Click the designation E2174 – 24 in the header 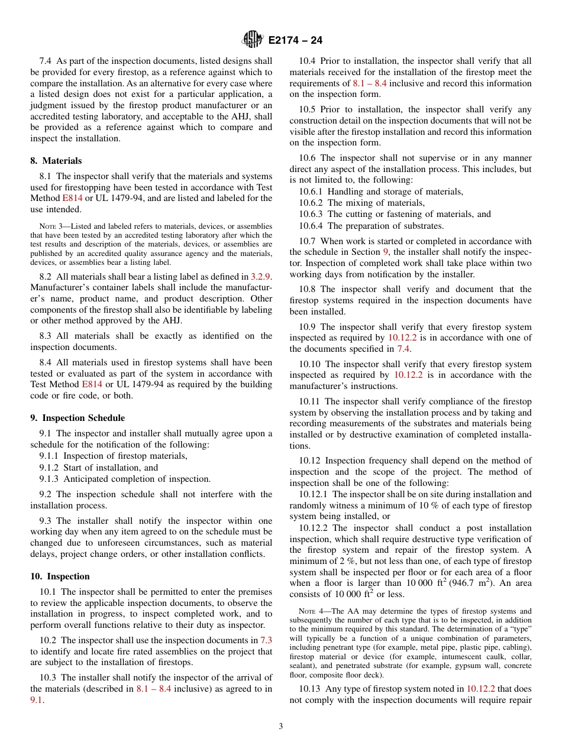295,41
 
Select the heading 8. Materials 56,161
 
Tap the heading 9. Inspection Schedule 77,418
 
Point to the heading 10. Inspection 60,576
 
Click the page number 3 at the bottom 281,727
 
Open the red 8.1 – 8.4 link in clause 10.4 370,83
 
